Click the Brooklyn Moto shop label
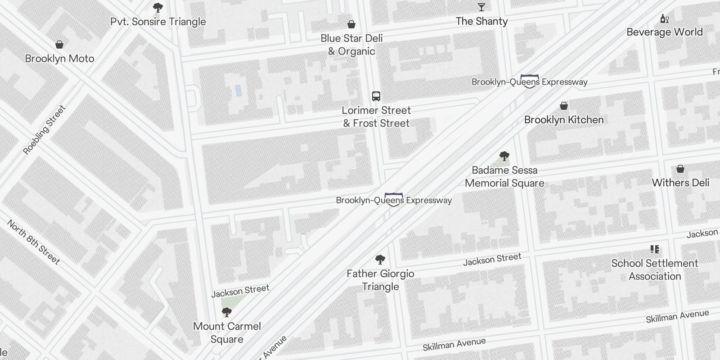tap(59, 58)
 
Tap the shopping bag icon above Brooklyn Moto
tap(59, 45)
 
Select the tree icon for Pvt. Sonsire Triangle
tap(158, 8)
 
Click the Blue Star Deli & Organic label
tap(351, 45)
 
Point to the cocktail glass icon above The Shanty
tap(481, 7)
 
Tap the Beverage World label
tap(664, 32)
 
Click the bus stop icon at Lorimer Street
tap(376, 96)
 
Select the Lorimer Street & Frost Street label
tap(376, 117)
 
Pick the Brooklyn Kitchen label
tap(564, 120)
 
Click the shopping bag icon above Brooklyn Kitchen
tap(564, 106)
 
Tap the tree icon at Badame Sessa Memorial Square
tap(504, 156)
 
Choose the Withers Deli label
tap(680, 183)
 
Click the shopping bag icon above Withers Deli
tap(680, 169)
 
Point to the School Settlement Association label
tap(655, 270)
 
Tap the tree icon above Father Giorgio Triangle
tap(380, 260)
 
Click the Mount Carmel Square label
tap(227, 333)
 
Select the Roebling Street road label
tap(44, 130)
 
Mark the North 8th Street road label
tap(33, 242)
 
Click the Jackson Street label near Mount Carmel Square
tap(240, 291)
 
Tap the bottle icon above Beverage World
tap(664, 19)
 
